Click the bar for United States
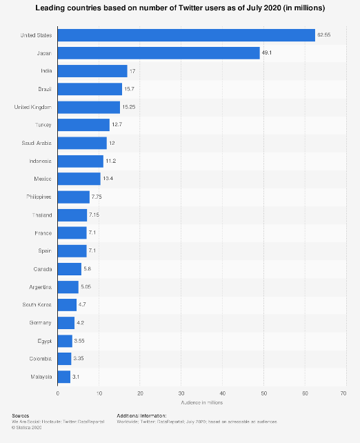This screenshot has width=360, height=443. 186,35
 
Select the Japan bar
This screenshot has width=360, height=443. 159,53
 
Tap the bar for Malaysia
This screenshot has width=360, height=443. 64,377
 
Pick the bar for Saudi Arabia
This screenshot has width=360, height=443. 82,143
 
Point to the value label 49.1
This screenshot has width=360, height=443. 268,53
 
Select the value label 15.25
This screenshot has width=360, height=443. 130,107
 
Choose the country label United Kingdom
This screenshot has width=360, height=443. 34,107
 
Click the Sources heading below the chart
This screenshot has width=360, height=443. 21,415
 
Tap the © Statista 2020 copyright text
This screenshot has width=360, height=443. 28,426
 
